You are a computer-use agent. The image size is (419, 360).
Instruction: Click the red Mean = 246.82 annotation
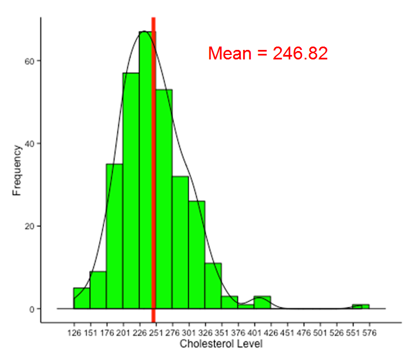pyautogui.click(x=267, y=53)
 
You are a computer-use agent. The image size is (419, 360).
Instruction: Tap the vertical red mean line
pyautogui.click(x=153, y=168)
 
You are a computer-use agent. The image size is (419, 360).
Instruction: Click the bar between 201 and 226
pyautogui.click(x=131, y=191)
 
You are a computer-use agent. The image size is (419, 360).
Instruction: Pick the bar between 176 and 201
pyautogui.click(x=114, y=236)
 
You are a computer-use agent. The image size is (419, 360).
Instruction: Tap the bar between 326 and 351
pyautogui.click(x=213, y=286)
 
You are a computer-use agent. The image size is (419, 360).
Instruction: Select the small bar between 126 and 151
pyautogui.click(x=82, y=298)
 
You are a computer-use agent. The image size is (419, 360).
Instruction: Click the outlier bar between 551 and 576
pyautogui.click(x=361, y=307)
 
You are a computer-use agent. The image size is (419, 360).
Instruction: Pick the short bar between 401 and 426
pyautogui.click(x=262, y=303)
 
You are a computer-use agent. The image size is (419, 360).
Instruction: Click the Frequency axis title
pyautogui.click(x=17, y=170)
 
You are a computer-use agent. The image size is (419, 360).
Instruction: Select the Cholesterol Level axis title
pyautogui.click(x=221, y=344)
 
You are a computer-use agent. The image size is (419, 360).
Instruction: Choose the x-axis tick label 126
pyautogui.click(x=74, y=331)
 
